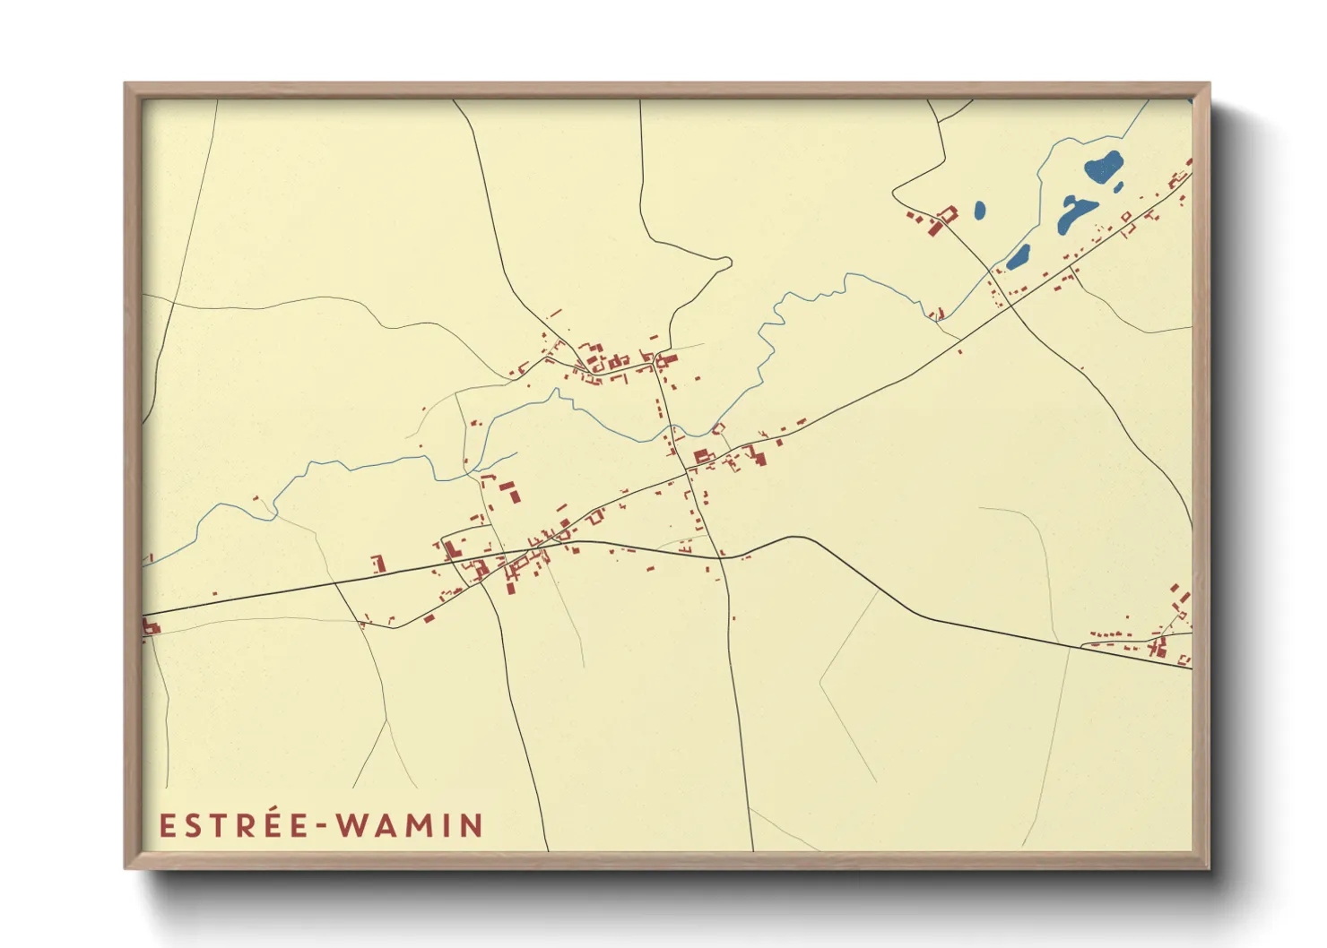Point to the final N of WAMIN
point(472,825)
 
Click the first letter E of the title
point(167,825)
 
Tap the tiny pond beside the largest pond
point(1118,187)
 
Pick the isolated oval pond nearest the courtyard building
point(979,211)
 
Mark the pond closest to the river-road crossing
point(1019,257)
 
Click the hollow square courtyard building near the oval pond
point(946,215)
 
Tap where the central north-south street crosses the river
point(668,439)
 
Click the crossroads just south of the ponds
point(1010,306)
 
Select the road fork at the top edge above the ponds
point(939,122)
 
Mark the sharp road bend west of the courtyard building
point(894,190)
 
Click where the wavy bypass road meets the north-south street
point(722,556)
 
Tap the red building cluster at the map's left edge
point(150,626)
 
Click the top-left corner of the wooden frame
point(126,84)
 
